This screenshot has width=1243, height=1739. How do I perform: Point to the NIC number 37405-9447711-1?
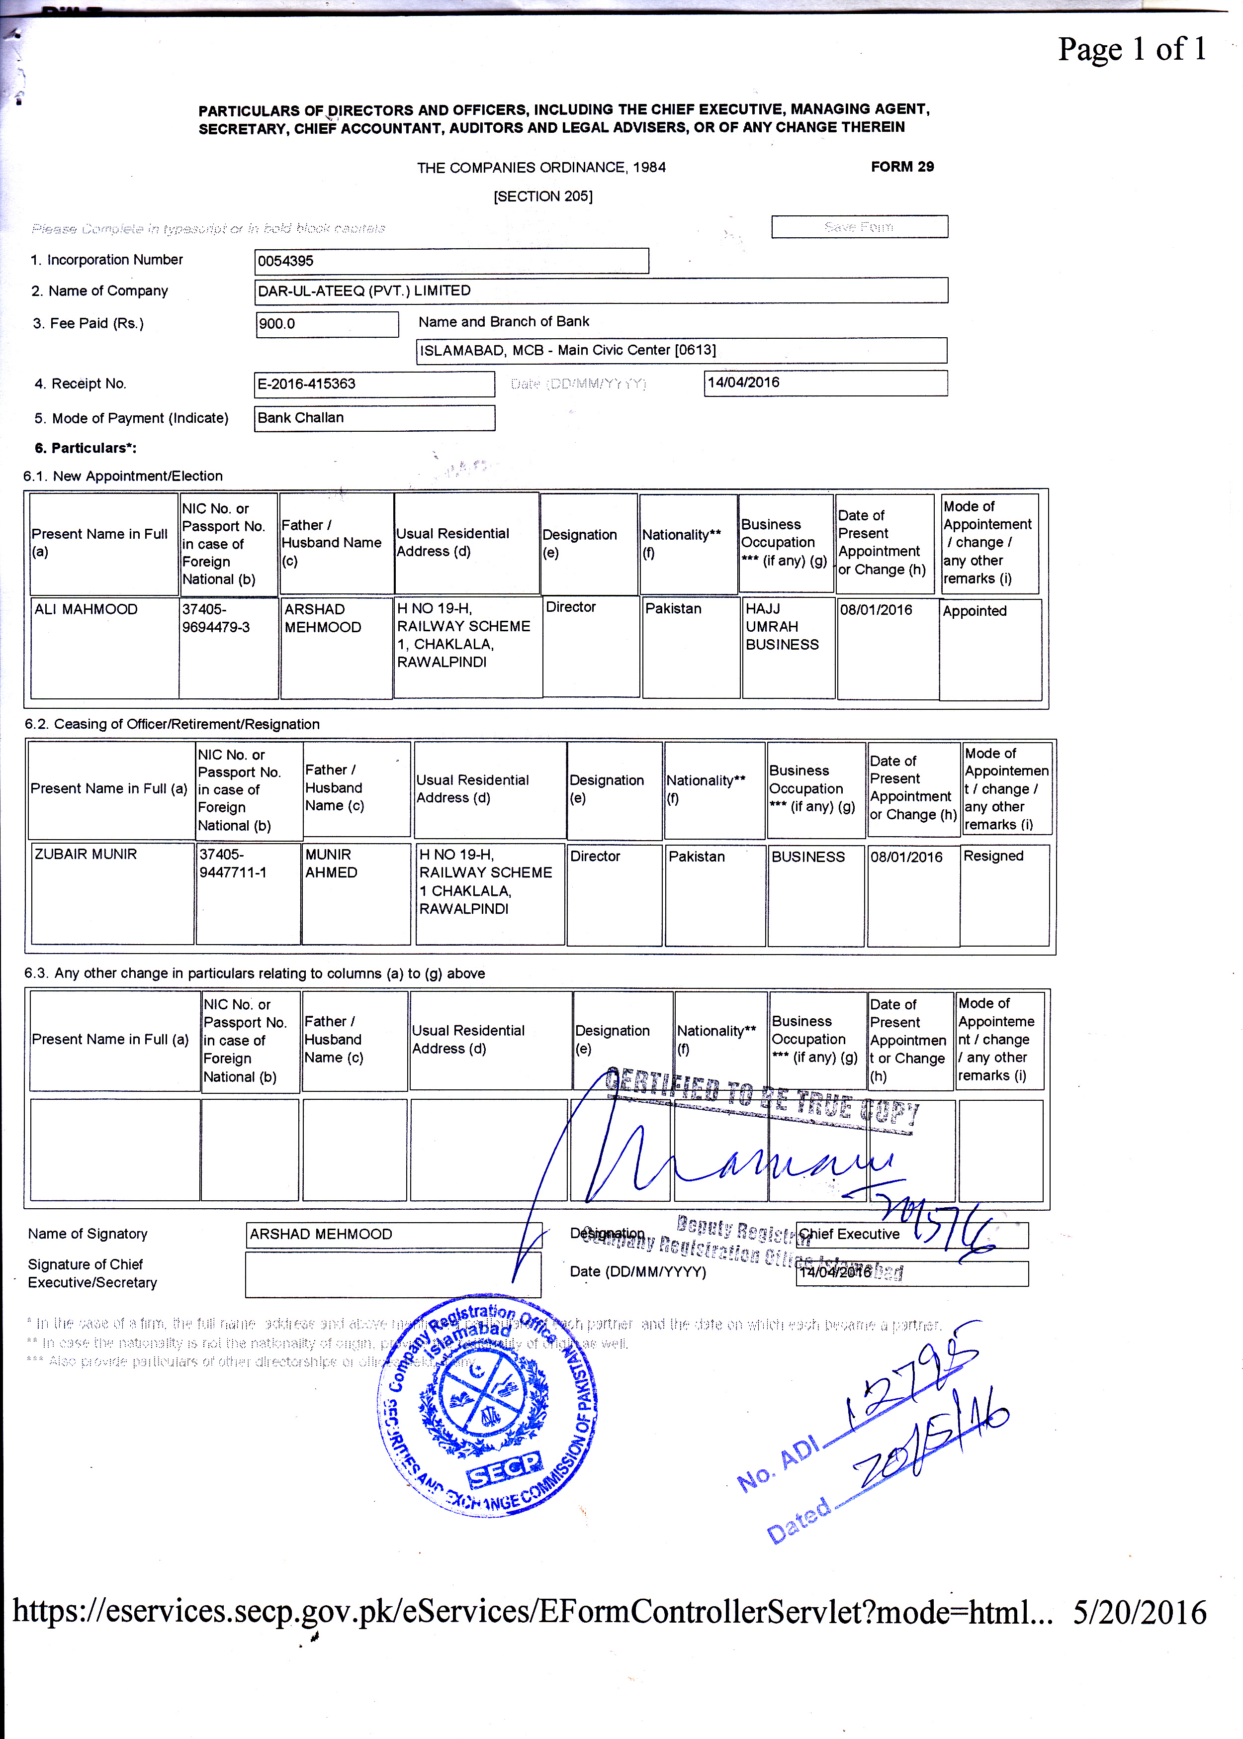[233, 863]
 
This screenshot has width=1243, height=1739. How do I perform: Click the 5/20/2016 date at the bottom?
[1139, 1612]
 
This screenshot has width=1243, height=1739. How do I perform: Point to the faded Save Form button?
[859, 227]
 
